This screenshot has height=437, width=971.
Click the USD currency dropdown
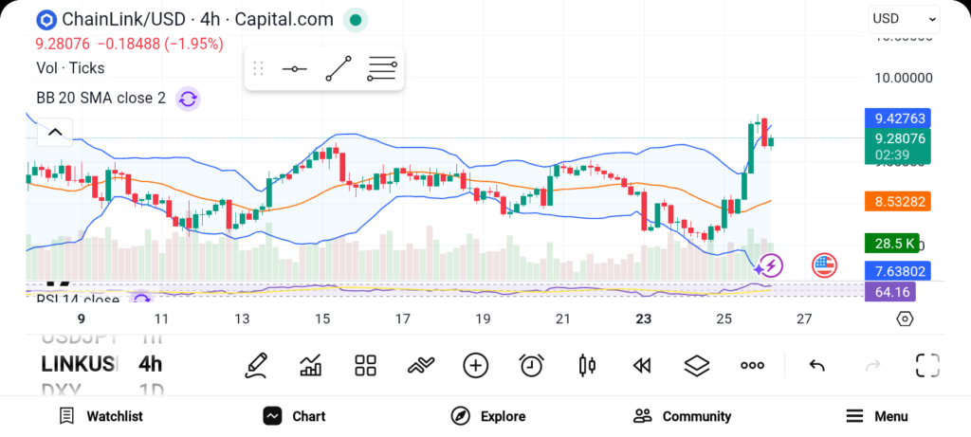point(904,19)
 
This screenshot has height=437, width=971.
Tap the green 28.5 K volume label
point(891,244)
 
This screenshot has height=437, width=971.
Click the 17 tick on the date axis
point(403,319)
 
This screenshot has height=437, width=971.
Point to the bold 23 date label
point(644,319)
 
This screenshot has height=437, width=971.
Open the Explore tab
point(488,416)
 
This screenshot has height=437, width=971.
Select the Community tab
point(682,416)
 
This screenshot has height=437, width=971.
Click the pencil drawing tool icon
point(255,365)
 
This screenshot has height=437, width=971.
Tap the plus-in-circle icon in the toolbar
point(475,365)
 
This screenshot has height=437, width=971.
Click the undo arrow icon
point(815,365)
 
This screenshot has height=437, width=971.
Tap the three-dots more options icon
point(752,365)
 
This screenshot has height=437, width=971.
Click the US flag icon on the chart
point(824,266)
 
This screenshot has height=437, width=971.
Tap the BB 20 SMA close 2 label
point(101,98)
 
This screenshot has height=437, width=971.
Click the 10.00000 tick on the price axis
point(903,79)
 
